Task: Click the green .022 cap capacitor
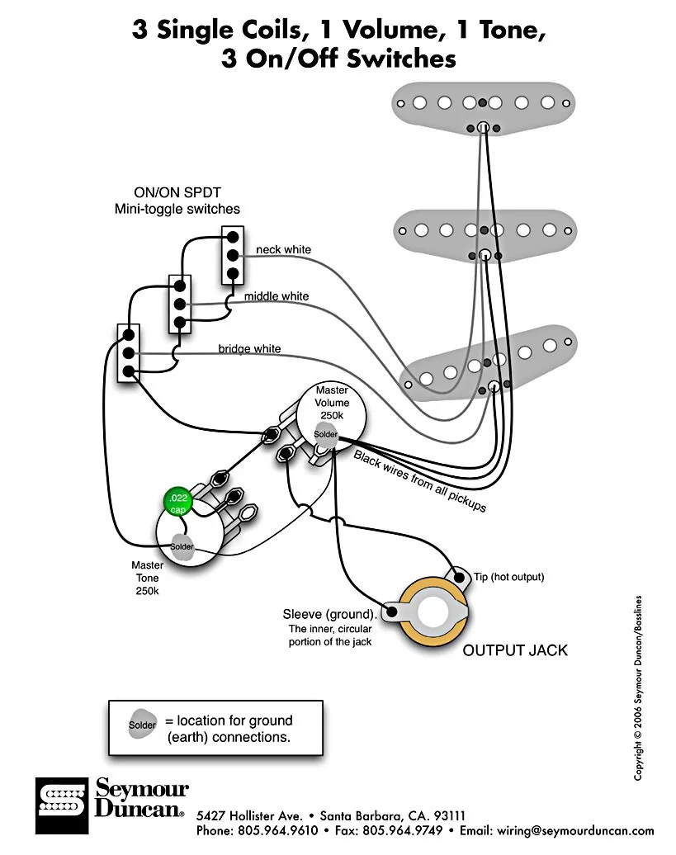click(177, 502)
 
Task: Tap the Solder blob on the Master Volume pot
click(326, 434)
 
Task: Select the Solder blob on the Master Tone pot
click(182, 546)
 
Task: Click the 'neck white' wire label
click(283, 249)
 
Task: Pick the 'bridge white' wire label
click(249, 349)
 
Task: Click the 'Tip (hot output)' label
click(509, 577)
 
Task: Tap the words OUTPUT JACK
click(515, 650)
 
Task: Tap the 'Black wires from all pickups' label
click(420, 481)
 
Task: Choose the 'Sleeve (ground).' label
click(329, 614)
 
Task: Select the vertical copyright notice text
click(638, 687)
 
